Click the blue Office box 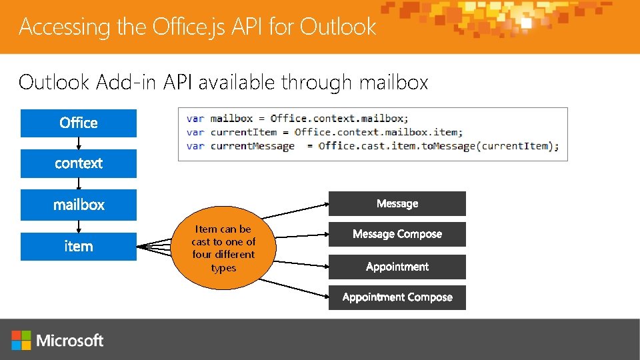79,123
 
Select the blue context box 79,164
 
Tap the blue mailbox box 79,205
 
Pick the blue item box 79,246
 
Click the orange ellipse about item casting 223,248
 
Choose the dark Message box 397,203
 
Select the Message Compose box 397,234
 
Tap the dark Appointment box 397,267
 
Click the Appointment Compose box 397,297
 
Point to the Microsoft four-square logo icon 21,340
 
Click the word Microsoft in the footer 70,341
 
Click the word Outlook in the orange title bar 338,27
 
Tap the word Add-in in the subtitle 123,82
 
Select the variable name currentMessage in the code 252,146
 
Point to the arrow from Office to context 79,143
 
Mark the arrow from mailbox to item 79,227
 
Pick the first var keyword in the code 195,119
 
